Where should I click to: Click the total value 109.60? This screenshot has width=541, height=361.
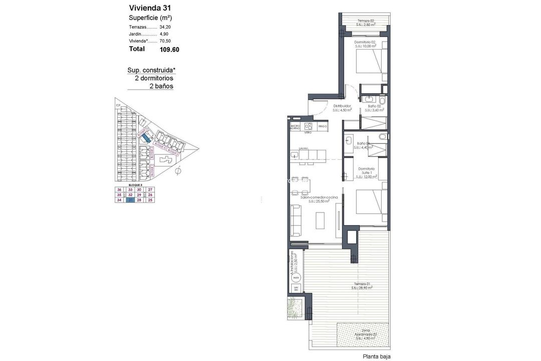tap(169, 50)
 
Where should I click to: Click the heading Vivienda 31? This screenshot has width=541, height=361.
tap(150, 8)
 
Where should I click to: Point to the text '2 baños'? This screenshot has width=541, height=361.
tap(161, 86)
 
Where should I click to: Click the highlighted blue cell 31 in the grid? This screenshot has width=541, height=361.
tap(131, 200)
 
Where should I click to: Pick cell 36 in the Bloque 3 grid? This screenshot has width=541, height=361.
tap(119, 190)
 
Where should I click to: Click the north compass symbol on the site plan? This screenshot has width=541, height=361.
tap(178, 172)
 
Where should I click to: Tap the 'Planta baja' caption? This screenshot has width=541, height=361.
tap(376, 356)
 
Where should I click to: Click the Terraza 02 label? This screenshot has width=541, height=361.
tap(365, 22)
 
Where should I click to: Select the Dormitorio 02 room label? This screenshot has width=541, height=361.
tap(365, 44)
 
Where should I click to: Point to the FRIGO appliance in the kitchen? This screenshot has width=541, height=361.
tap(322, 127)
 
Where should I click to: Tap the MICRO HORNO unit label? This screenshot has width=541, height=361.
tap(295, 127)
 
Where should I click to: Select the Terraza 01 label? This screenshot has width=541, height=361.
tap(361, 286)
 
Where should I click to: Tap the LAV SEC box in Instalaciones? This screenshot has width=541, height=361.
tap(296, 288)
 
